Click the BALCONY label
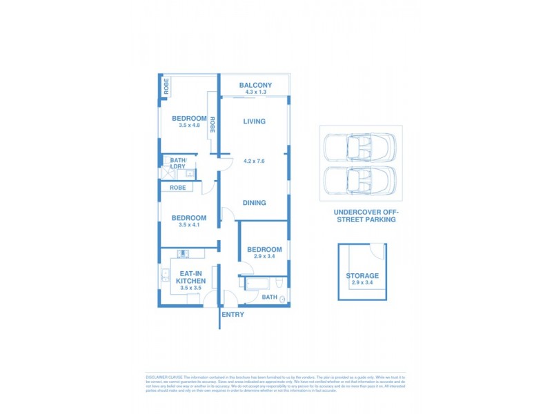pos(255,86)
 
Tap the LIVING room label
pos(254,121)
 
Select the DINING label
pos(254,203)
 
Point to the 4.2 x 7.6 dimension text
pos(254,161)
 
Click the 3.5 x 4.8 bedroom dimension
pos(188,126)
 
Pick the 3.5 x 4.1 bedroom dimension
pos(188,225)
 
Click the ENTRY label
pos(233,315)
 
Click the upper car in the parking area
pos(359,147)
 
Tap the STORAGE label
pos(362,276)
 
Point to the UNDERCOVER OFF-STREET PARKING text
pos(364,216)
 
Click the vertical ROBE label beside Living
pos(213,125)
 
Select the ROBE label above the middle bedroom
pos(177,188)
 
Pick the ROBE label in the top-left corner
pos(166,87)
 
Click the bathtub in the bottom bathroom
pos(257,284)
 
